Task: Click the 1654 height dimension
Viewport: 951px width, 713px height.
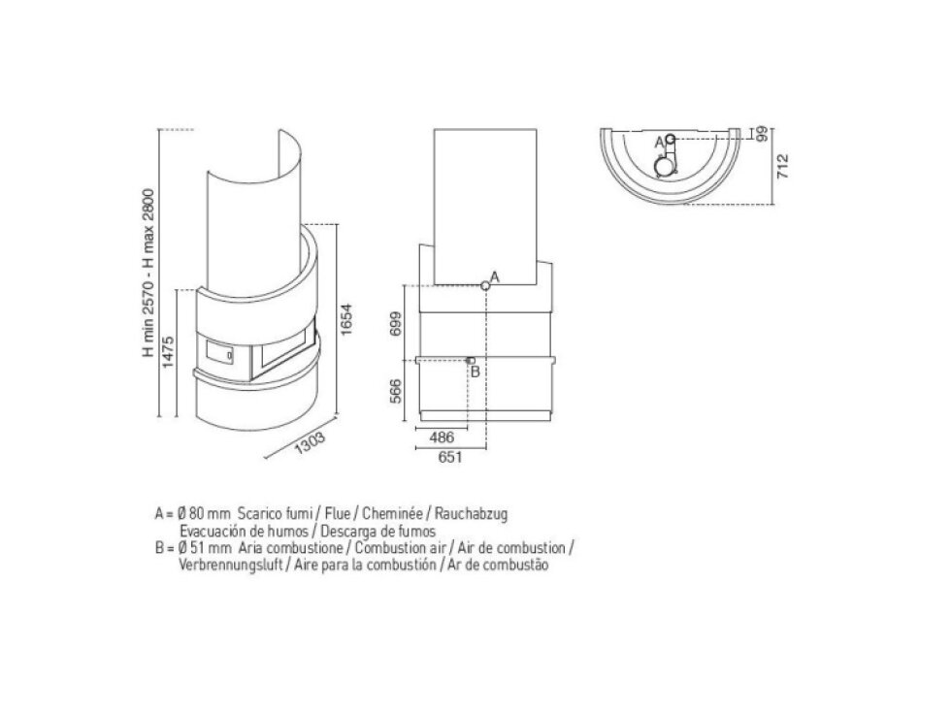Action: pyautogui.click(x=346, y=319)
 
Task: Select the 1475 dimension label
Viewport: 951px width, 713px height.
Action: pyautogui.click(x=168, y=352)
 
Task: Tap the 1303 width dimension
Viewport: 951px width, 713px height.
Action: pyautogui.click(x=311, y=442)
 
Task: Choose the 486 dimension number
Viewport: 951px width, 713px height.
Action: pyautogui.click(x=441, y=438)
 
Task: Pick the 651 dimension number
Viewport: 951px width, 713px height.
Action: pyautogui.click(x=450, y=457)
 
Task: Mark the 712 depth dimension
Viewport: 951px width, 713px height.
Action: pyautogui.click(x=783, y=166)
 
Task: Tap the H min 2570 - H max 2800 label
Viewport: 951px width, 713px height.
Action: pyautogui.click(x=148, y=273)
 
